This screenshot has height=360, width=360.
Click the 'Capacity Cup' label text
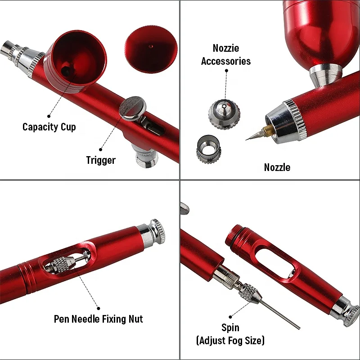[x=49, y=127]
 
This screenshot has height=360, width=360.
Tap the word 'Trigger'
[x=101, y=160]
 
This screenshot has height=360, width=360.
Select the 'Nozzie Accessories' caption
[x=226, y=54]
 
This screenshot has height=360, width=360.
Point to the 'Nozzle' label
[x=277, y=167]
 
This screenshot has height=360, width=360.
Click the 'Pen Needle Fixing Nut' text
[x=98, y=319]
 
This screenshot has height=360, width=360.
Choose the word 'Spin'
[x=230, y=328]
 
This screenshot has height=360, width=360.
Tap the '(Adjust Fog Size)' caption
[x=230, y=340]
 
